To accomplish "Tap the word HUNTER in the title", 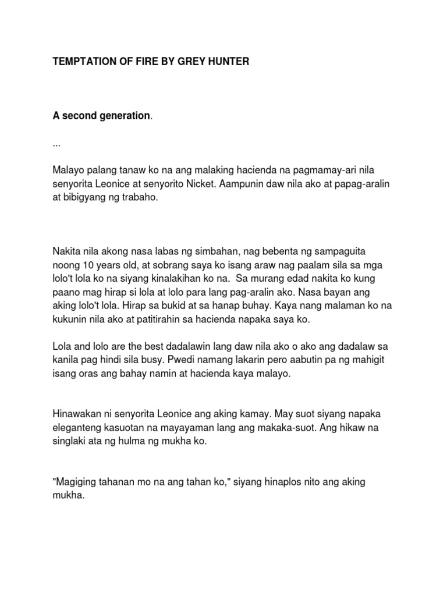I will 227,61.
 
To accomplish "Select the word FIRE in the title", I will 148,61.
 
